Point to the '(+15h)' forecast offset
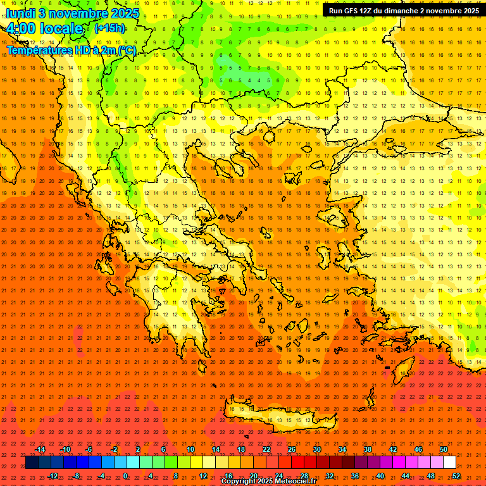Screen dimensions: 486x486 click(x=109, y=28)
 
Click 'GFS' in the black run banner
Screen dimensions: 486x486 click(x=352, y=11)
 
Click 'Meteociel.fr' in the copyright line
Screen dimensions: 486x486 click(x=294, y=482)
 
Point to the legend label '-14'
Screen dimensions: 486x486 click(x=40, y=449)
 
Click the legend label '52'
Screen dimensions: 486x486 click(x=456, y=475)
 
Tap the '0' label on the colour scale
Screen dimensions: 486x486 click(x=125, y=475)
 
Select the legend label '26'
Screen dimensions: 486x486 click(x=291, y=449)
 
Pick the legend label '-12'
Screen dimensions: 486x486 click(x=53, y=475)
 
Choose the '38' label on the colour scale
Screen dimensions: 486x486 click(x=367, y=449)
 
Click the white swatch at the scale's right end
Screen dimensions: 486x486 click(x=449, y=463)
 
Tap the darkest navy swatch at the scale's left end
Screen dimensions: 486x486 click(x=32, y=463)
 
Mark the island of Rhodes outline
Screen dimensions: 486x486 click(x=403, y=372)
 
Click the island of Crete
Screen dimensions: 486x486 click(x=278, y=414)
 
